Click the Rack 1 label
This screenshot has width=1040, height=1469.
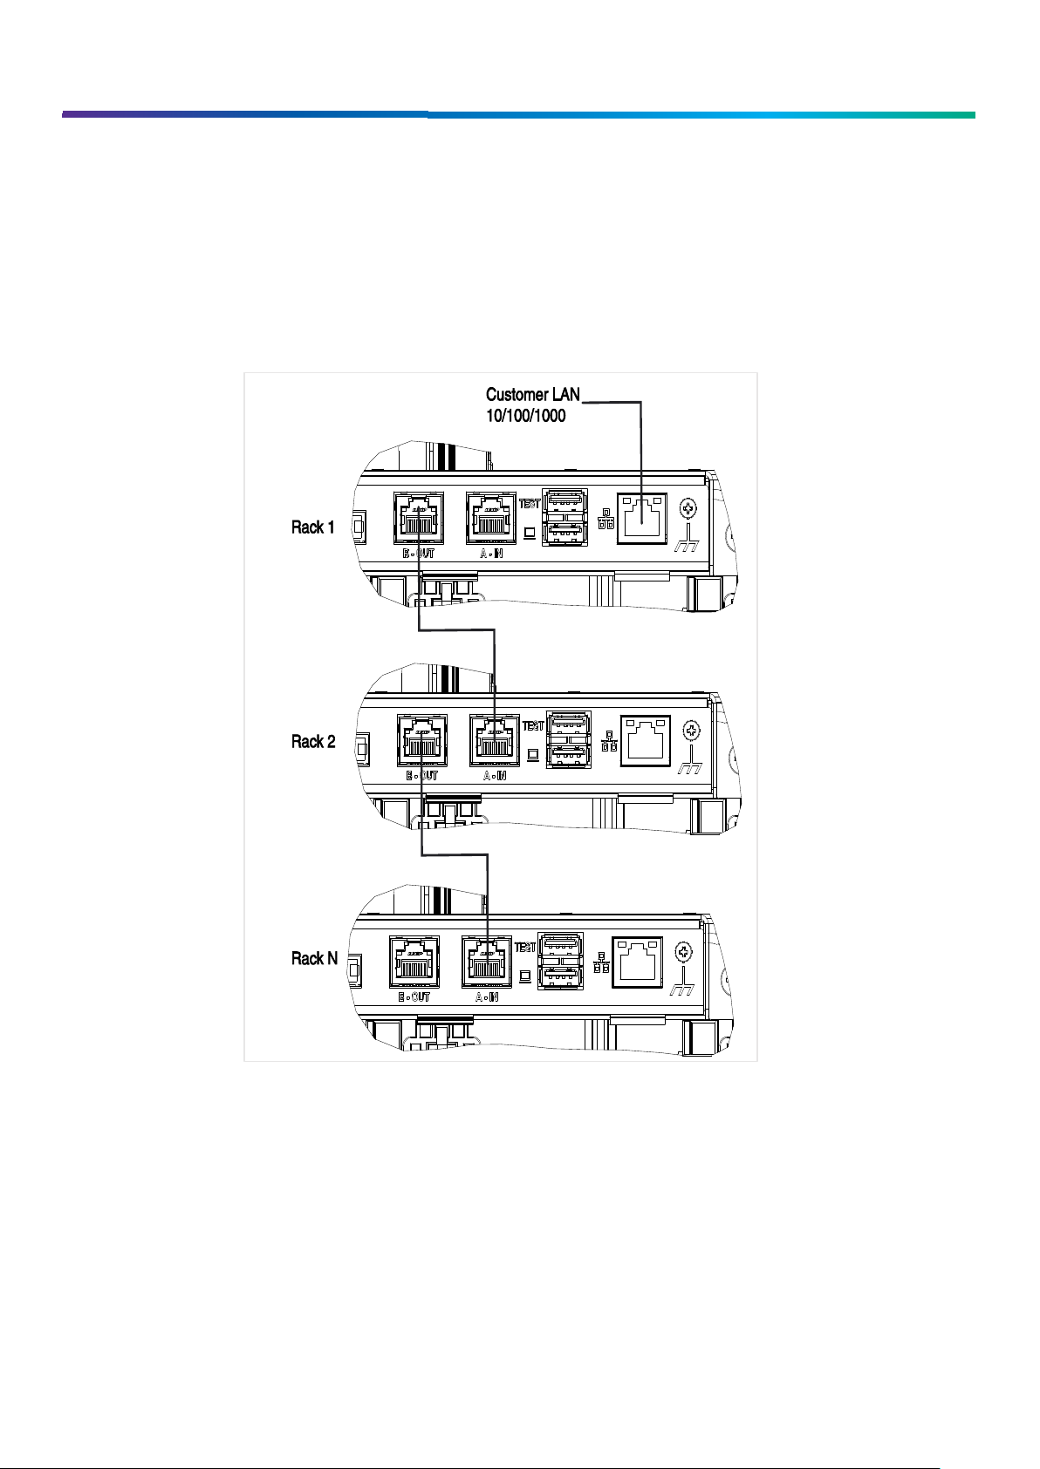coord(312,527)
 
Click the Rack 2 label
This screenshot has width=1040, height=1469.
coord(312,742)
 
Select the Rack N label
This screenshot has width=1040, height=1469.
coord(314,959)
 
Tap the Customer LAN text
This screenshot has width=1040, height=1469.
coord(532,395)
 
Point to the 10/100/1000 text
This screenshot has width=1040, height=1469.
coord(525,416)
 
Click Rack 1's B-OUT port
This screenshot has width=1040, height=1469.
coord(419,518)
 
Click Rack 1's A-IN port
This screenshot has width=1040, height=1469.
coord(491,518)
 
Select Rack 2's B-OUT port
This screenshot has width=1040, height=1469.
coord(422,740)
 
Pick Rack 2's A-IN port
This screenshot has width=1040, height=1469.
coord(495,740)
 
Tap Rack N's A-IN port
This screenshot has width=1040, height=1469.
coord(487,962)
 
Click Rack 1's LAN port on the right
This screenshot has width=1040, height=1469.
coord(641,519)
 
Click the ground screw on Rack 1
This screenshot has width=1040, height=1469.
coord(688,509)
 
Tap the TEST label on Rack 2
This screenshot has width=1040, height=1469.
coord(532,726)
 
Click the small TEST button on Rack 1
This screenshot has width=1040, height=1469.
coord(530,532)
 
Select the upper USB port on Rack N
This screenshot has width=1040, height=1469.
coord(560,946)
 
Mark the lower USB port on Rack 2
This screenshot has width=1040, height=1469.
coord(568,754)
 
